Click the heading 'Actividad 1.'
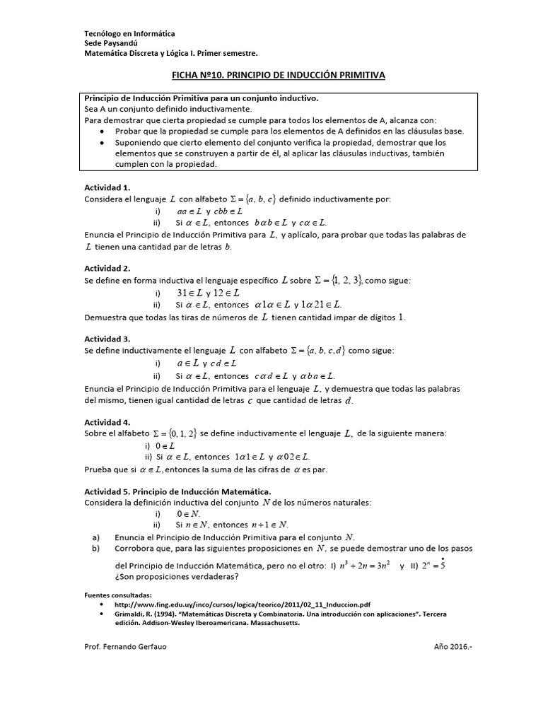pyautogui.click(x=107, y=188)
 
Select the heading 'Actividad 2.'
pyautogui.click(x=107, y=269)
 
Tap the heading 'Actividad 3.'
pyautogui.click(x=107, y=339)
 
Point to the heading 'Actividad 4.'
pyautogui.click(x=107, y=421)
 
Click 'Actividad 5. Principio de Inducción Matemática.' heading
pyautogui.click(x=177, y=491)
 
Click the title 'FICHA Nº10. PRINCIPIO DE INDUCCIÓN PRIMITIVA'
pyautogui.click(x=271, y=76)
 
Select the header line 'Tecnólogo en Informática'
pyautogui.click(x=129, y=34)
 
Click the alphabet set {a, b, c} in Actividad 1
pyautogui.click(x=255, y=199)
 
